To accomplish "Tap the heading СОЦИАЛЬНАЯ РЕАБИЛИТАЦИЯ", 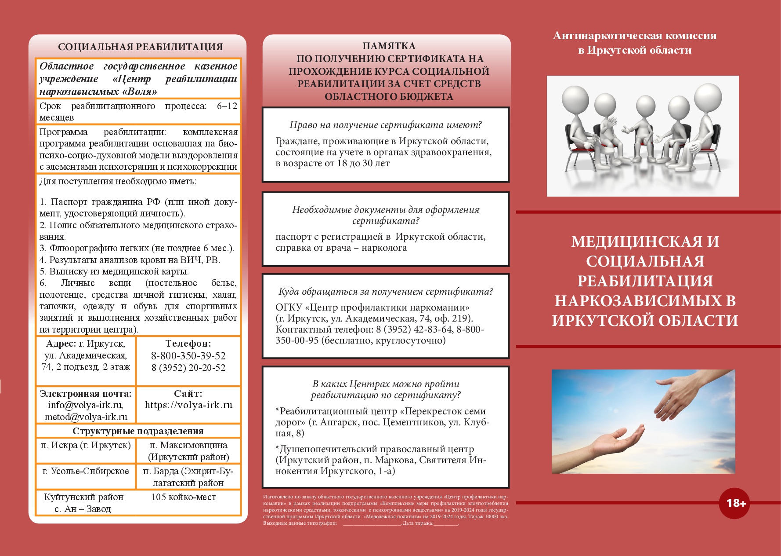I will (140, 47).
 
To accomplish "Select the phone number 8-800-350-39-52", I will (188, 356).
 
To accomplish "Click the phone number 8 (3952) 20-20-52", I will (188, 368).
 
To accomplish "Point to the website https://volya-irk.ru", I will (188, 405).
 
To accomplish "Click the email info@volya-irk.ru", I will (85, 405).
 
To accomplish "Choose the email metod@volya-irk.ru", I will (86, 417).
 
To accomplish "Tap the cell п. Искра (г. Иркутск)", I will (86, 445).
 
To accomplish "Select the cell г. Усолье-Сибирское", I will (86, 471).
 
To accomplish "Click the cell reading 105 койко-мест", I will (184, 497).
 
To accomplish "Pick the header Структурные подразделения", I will (138, 431).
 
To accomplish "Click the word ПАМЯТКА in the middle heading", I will (389, 46).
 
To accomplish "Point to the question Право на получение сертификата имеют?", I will (385, 125).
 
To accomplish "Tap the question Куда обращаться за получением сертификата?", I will (385, 292).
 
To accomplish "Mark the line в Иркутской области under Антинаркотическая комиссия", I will (634, 51).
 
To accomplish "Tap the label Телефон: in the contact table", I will (188, 344).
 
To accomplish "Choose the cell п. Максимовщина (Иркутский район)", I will (188, 451).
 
